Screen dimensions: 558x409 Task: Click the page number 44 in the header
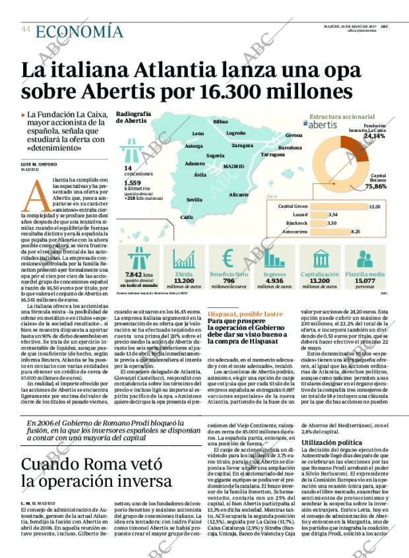tap(26, 29)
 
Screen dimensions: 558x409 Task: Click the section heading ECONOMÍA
tap(79, 31)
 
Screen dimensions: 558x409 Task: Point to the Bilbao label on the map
tap(220, 122)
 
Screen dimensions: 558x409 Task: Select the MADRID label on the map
tap(234, 167)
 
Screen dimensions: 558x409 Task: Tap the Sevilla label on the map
tap(195, 199)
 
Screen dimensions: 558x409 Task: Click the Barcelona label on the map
tap(290, 148)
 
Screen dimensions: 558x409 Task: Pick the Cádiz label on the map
tap(187, 217)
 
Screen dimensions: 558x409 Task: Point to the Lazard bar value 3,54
tap(332, 215)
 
